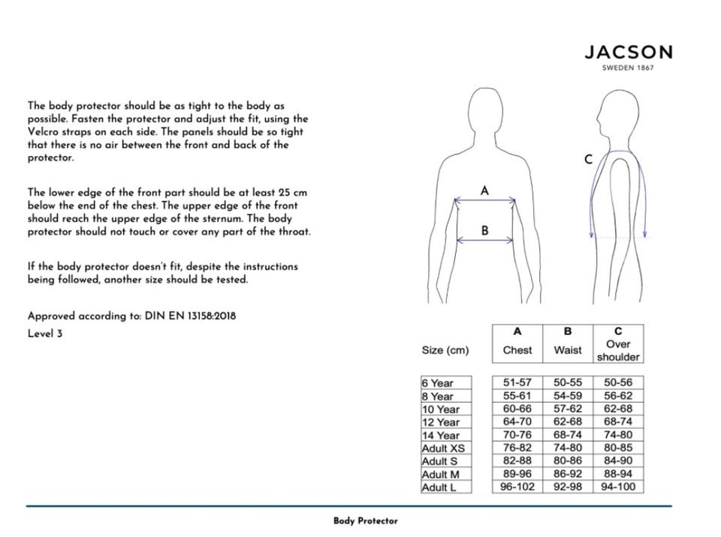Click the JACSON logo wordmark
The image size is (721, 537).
pyautogui.click(x=628, y=53)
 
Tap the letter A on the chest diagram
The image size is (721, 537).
pyautogui.click(x=484, y=191)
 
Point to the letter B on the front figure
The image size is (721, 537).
pyautogui.click(x=484, y=231)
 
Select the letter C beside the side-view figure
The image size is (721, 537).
pyautogui.click(x=588, y=159)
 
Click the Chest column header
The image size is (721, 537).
pyautogui.click(x=517, y=350)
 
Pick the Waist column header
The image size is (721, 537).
pyautogui.click(x=568, y=350)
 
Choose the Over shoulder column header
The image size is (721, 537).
pyautogui.click(x=618, y=350)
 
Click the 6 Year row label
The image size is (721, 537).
pyautogui.click(x=438, y=383)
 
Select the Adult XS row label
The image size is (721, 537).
pyautogui.click(x=443, y=448)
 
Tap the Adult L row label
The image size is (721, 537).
pyautogui.click(x=439, y=487)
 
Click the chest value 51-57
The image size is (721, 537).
pyautogui.click(x=517, y=382)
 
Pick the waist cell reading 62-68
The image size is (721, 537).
pyautogui.click(x=568, y=421)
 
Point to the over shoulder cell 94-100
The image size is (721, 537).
pyautogui.click(x=618, y=487)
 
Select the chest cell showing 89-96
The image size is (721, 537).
pyautogui.click(x=517, y=474)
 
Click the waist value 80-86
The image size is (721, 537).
pyautogui.click(x=568, y=460)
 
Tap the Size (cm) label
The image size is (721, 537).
pyautogui.click(x=445, y=351)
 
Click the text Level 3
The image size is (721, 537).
pyautogui.click(x=45, y=333)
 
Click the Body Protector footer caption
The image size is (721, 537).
pyautogui.click(x=365, y=520)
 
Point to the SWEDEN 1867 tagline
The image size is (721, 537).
pyautogui.click(x=628, y=68)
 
